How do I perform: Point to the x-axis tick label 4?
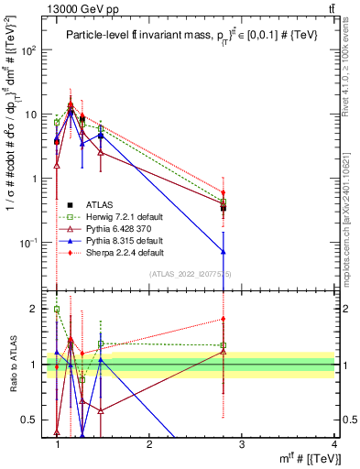334,445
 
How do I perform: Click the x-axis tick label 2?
149,445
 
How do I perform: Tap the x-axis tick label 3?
242,445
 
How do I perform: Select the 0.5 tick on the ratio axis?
34,420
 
